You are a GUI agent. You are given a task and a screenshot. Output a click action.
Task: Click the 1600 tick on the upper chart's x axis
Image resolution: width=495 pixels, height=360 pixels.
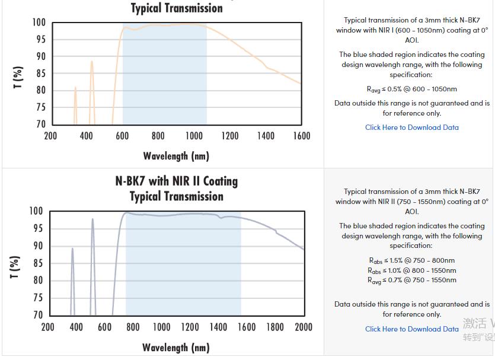[x=301, y=136]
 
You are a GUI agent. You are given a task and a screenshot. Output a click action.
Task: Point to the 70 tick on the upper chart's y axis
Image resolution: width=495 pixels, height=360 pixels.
[x=39, y=124]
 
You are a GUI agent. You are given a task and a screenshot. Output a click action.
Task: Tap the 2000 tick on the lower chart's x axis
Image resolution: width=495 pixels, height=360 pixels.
[x=303, y=327]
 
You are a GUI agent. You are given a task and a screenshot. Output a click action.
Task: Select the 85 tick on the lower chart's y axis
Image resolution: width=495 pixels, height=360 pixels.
[x=36, y=263]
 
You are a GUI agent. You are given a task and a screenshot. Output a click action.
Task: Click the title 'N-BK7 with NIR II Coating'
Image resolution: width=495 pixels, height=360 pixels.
[x=176, y=181]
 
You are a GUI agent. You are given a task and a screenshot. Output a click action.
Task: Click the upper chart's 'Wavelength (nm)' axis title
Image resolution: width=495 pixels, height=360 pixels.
[x=176, y=156]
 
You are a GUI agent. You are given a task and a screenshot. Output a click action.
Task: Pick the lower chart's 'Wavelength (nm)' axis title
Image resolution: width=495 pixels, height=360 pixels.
[x=176, y=347]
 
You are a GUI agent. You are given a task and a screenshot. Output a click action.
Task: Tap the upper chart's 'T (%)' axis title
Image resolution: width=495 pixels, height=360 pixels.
[x=18, y=78]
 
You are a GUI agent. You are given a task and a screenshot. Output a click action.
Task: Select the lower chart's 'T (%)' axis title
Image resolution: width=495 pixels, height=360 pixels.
[x=15, y=267]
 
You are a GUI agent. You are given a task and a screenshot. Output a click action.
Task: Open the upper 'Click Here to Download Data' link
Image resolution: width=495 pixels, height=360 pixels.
[x=411, y=127]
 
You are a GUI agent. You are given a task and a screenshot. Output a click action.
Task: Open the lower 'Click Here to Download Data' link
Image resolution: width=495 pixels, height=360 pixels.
[x=411, y=329]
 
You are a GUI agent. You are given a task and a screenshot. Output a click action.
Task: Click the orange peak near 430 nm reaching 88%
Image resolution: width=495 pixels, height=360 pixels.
[x=91, y=62]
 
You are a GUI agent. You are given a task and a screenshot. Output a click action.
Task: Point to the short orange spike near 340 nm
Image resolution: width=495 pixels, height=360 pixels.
[x=75, y=89]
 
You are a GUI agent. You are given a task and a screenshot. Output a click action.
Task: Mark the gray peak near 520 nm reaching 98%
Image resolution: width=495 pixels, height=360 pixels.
[x=92, y=220]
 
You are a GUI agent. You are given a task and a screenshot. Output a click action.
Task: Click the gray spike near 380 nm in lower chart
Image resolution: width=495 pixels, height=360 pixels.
[x=72, y=249]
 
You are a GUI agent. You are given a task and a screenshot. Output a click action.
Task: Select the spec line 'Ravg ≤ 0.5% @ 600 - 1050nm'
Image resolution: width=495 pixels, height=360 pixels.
[x=411, y=89]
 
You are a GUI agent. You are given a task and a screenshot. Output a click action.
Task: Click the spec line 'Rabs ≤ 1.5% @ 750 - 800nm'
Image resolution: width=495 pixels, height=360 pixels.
[x=411, y=260]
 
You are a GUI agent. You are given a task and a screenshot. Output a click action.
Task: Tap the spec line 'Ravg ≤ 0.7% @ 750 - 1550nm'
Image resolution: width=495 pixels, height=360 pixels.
[x=411, y=280]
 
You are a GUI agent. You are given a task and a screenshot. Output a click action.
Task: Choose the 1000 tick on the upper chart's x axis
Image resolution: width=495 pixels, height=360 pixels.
[x=194, y=136]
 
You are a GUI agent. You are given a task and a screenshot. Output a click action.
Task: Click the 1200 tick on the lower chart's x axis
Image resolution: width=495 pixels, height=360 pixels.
[x=190, y=327]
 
